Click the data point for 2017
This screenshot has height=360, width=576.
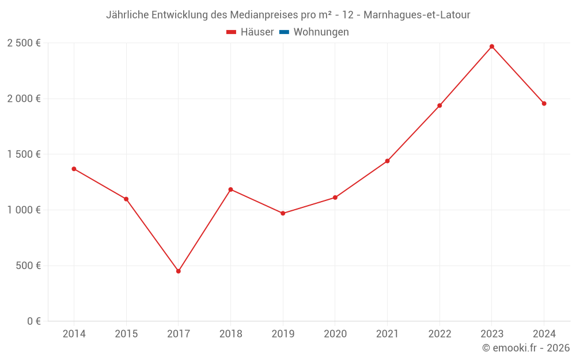click(179, 271)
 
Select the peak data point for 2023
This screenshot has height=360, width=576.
click(492, 47)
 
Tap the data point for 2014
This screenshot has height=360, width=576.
click(74, 169)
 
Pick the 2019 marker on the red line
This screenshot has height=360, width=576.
click(283, 213)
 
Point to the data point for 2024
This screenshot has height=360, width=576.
click(544, 104)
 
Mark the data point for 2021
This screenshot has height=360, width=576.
click(387, 161)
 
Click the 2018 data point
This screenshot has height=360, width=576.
click(230, 190)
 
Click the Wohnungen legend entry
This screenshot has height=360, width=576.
click(321, 32)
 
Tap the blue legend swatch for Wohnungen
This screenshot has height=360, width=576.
click(284, 32)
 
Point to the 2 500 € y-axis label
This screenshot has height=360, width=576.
click(24, 43)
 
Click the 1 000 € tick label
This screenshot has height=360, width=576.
click(24, 210)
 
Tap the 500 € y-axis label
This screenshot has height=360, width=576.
click(28, 266)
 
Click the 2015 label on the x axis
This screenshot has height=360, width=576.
click(126, 334)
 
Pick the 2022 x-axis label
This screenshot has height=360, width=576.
click(439, 334)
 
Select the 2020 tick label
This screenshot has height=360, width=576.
click(335, 334)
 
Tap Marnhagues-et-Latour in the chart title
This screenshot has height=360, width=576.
click(417, 15)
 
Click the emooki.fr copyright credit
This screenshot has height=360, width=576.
click(526, 348)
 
